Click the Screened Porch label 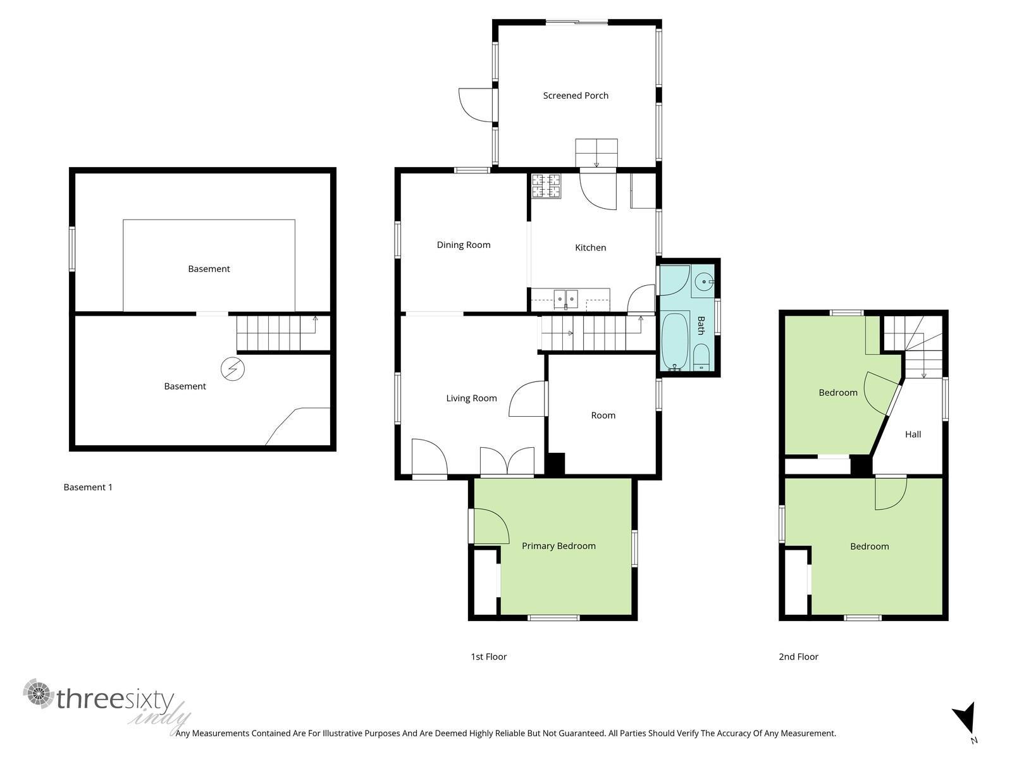576,96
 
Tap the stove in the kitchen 546,186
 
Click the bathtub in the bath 675,342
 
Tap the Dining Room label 464,245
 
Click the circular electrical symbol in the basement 232,369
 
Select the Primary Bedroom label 558,546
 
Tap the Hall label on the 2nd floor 913,434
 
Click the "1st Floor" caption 488,657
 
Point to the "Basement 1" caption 87,487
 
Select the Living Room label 471,398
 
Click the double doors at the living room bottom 507,461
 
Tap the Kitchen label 590,247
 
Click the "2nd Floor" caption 798,657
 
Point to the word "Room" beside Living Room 603,415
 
